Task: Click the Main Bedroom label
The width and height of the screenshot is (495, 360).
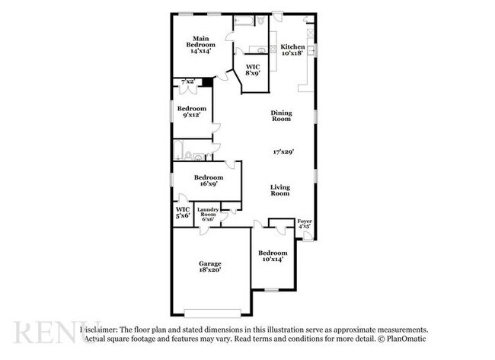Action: [200, 44]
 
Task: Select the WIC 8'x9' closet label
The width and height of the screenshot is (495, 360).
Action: [252, 71]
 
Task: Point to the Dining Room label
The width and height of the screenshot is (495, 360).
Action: [281, 116]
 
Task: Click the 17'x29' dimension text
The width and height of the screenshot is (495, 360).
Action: [283, 152]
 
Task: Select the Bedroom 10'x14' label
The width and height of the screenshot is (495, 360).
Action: [272, 256]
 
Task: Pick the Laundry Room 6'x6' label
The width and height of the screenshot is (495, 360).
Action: [208, 214]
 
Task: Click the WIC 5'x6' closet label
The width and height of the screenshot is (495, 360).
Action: [183, 212]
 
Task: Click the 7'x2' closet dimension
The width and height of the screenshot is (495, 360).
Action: [186, 81]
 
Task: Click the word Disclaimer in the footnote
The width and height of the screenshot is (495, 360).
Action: [98, 330]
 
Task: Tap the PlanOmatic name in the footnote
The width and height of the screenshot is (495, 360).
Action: [409, 339]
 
